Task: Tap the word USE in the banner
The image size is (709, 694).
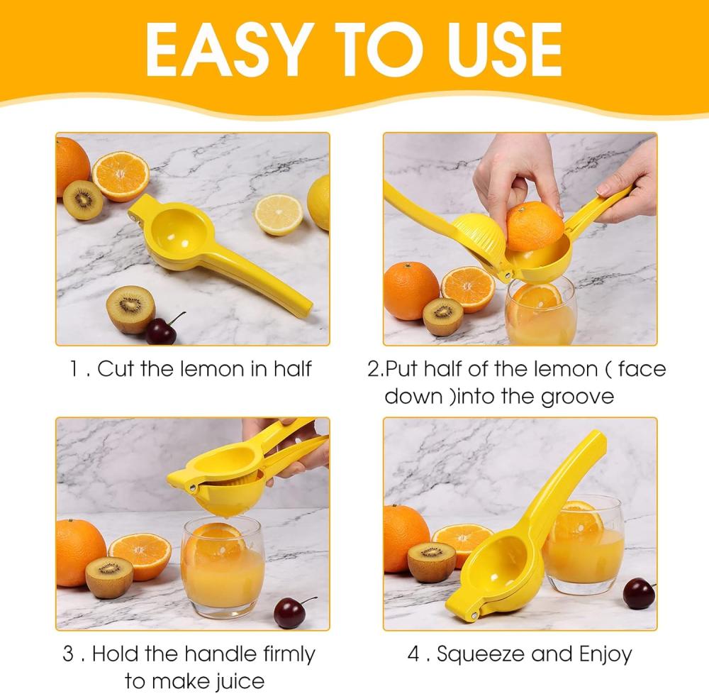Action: [x=505, y=49]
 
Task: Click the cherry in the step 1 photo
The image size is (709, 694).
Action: [x=162, y=330]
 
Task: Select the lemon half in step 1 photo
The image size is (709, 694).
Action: [x=279, y=214]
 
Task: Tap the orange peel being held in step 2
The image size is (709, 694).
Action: [x=535, y=226]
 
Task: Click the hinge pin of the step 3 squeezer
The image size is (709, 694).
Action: [x=193, y=488]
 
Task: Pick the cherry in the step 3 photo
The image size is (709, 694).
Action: [x=290, y=612]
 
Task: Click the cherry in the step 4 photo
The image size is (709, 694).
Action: [x=639, y=593]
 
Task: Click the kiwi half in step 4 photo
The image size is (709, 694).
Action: [x=432, y=562]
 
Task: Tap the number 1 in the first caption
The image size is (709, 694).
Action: [x=74, y=368]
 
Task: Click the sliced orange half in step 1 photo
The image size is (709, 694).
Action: [x=121, y=176]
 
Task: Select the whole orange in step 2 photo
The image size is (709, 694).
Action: [x=411, y=291]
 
